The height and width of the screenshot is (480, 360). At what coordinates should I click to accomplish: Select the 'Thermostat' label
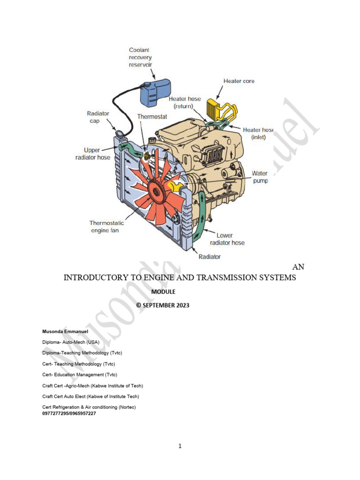coord(152,116)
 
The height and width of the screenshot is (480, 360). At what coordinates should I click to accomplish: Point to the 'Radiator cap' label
coord(98,117)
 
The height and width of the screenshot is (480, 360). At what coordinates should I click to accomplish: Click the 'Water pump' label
coord(260,177)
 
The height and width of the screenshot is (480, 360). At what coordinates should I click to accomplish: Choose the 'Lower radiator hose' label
coord(230,239)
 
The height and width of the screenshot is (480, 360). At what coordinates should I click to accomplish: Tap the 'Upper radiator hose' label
coord(93,154)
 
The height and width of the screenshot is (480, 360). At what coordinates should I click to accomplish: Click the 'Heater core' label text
coord(239,81)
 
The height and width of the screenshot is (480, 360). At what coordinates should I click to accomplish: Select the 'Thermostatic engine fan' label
coord(107,227)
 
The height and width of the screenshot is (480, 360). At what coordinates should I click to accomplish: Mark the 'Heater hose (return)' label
coord(185,103)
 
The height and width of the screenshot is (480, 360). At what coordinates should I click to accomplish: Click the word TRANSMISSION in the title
coord(217,277)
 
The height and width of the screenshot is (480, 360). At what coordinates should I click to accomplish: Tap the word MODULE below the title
coord(163,292)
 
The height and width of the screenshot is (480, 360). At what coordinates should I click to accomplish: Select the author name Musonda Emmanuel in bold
coord(65,331)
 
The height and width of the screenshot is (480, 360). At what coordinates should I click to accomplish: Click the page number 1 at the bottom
coord(180,446)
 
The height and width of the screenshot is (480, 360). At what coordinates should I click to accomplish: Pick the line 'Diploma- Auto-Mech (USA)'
coord(71,342)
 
